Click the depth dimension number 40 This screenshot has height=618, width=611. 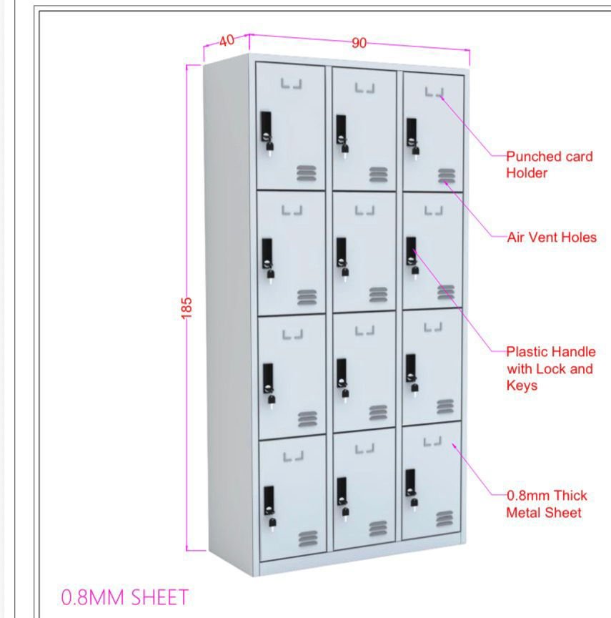pyautogui.click(x=227, y=40)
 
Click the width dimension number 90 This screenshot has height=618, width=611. pyautogui.click(x=359, y=43)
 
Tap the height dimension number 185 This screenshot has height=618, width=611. pyautogui.click(x=187, y=308)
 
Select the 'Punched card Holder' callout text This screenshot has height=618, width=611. pyautogui.click(x=550, y=165)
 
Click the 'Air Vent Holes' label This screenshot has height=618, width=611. pyautogui.click(x=552, y=237)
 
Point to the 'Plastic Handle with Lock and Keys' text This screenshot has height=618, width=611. pyautogui.click(x=551, y=368)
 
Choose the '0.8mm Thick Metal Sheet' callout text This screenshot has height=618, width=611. pyautogui.click(x=547, y=504)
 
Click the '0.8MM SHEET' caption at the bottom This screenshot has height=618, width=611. pyautogui.click(x=125, y=597)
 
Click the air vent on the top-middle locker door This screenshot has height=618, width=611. pyautogui.click(x=378, y=175)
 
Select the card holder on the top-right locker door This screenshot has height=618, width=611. pyautogui.click(x=434, y=92)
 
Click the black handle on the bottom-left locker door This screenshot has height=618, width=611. pyautogui.click(x=269, y=506)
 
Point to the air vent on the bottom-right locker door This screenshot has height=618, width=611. pyautogui.click(x=444, y=519)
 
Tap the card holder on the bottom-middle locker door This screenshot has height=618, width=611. pyautogui.click(x=365, y=448)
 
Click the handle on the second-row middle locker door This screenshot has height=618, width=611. pyautogui.click(x=342, y=257)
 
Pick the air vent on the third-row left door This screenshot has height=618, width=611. pyautogui.click(x=307, y=419)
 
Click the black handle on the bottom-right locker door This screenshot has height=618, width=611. pyautogui.click(x=411, y=488)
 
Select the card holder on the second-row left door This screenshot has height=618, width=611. pyautogui.click(x=292, y=210)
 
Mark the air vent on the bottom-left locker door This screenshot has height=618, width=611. pyautogui.click(x=308, y=539)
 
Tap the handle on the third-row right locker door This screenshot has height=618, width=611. pyautogui.click(x=412, y=373)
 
